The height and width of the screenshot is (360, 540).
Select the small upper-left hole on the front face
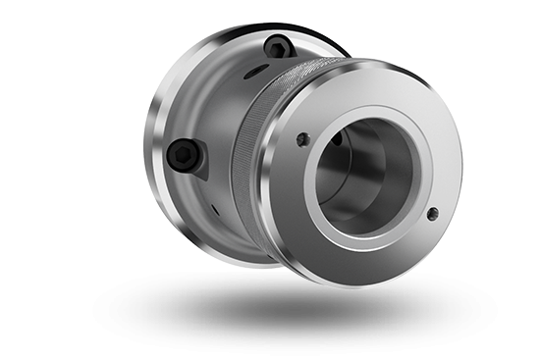pos(302,139)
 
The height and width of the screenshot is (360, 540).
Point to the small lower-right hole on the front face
pos(432,213)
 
